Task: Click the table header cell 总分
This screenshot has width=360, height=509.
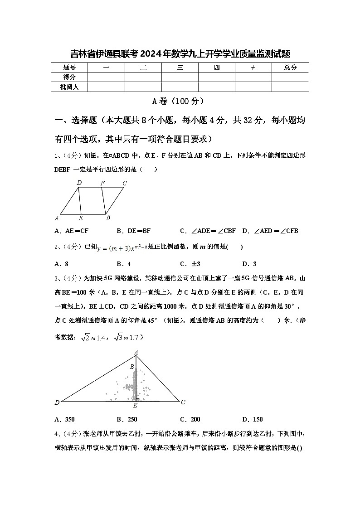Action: click(290, 68)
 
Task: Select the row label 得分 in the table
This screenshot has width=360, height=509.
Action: click(69, 77)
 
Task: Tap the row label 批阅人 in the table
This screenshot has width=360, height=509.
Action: click(69, 87)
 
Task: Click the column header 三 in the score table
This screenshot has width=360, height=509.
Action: click(180, 68)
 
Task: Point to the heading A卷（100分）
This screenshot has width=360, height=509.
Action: click(180, 101)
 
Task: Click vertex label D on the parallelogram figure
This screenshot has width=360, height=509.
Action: click(79, 183)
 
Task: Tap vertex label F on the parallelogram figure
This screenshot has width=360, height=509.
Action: click(103, 183)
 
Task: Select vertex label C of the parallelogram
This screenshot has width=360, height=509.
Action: click(124, 183)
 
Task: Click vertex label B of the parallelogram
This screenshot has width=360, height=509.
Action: click(108, 217)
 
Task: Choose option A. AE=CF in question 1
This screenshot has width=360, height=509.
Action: click(71, 231)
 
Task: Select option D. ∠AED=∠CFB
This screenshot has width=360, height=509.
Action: click(270, 231)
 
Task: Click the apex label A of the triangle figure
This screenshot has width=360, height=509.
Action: click(136, 352)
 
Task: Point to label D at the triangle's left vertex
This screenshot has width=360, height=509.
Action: click(57, 402)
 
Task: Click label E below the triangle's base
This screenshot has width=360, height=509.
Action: click(135, 405)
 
